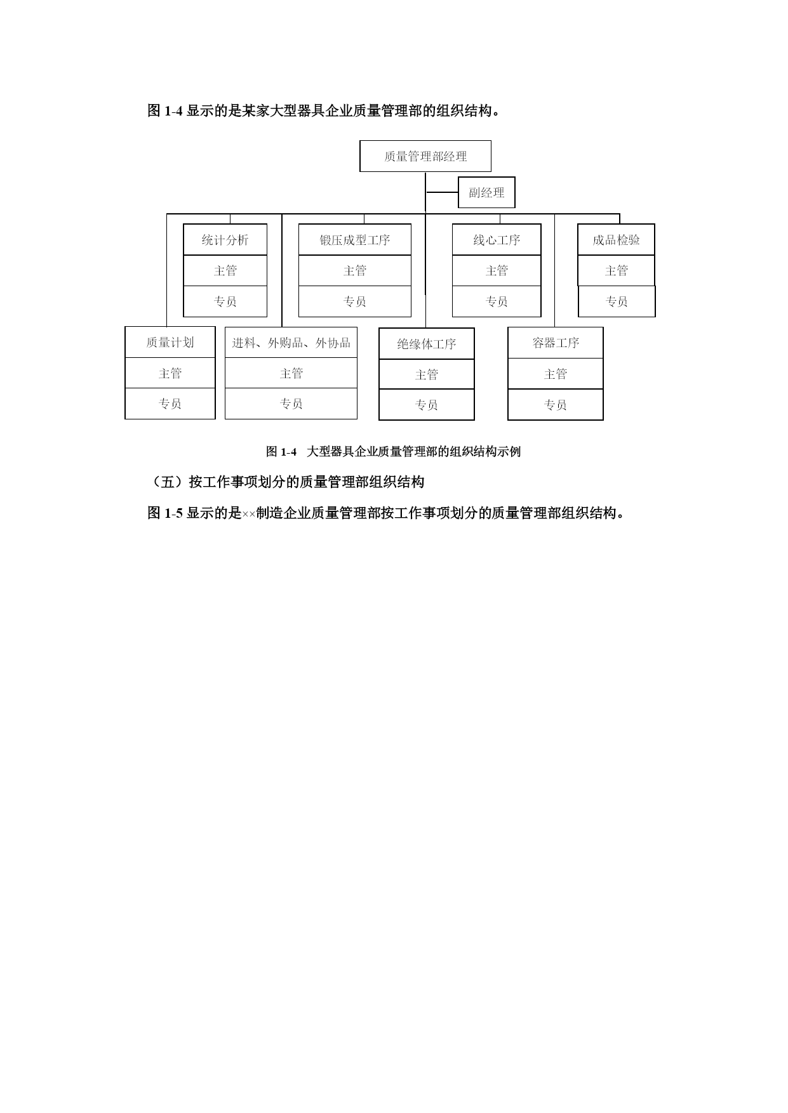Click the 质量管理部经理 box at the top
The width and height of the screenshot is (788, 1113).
425,156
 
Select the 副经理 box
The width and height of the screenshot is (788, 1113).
486,192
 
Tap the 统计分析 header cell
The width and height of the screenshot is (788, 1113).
225,240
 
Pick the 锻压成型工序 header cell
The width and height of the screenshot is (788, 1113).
355,240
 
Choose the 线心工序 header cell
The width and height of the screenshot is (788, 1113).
497,240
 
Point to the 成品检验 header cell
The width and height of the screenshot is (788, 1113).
616,240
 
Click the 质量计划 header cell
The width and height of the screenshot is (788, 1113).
170,343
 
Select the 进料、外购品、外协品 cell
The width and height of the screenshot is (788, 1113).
291,343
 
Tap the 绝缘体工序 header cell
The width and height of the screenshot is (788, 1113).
427,344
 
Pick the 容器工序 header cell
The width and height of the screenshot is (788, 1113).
556,343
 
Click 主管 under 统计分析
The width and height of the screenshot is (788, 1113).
225,271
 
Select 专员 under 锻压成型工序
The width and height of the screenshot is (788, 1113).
355,301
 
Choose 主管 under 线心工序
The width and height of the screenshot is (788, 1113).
497,271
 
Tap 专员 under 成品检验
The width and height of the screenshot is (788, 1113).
617,301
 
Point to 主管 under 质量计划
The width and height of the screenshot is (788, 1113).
170,373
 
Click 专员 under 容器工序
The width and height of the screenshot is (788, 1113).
556,405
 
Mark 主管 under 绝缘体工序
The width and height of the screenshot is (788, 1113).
427,374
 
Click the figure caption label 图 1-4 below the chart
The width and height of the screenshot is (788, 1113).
281,452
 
